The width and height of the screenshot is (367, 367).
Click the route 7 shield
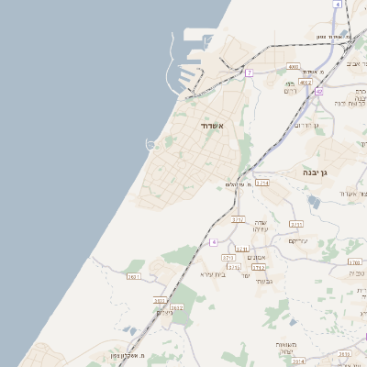(249, 72)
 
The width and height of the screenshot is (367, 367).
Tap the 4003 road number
(294, 67)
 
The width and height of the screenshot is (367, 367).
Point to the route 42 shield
(319, 91)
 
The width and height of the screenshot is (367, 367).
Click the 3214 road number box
(262, 183)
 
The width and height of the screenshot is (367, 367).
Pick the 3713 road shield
(228, 258)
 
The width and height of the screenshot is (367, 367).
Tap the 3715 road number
(296, 223)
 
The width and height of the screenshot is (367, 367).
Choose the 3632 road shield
(177, 307)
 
